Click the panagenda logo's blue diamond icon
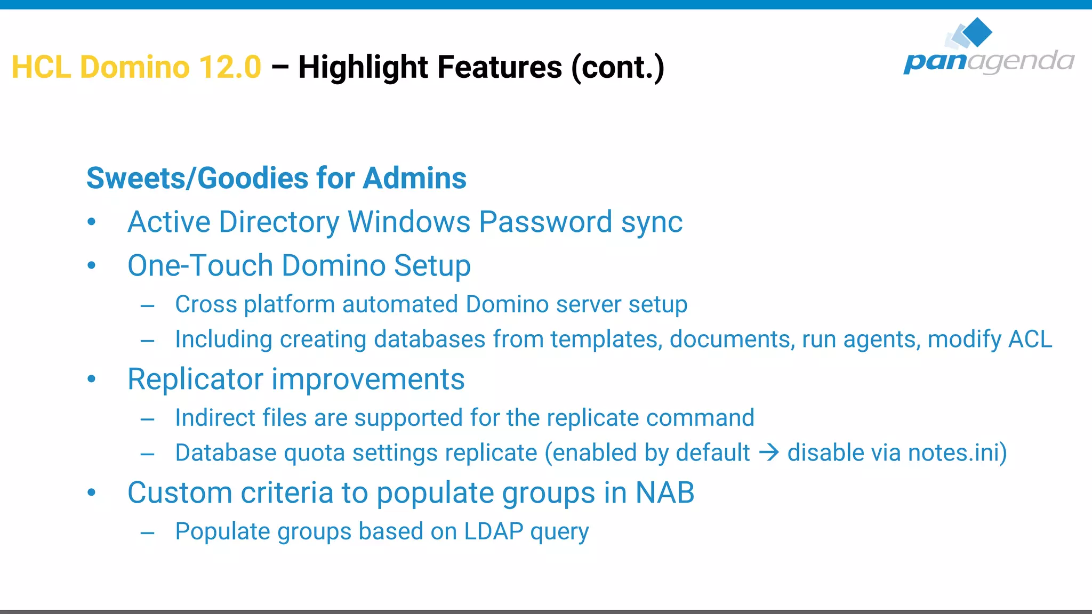coord(977,32)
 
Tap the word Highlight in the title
coord(363,67)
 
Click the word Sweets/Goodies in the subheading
coord(197,178)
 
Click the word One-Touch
coord(200,265)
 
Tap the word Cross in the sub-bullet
coord(206,305)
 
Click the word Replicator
coord(195,379)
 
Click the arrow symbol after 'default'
coord(769,453)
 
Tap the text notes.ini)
coord(958,453)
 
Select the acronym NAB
coord(665,492)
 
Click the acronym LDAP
coord(494,531)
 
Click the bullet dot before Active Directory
coord(92,222)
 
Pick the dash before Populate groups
coord(148,532)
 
